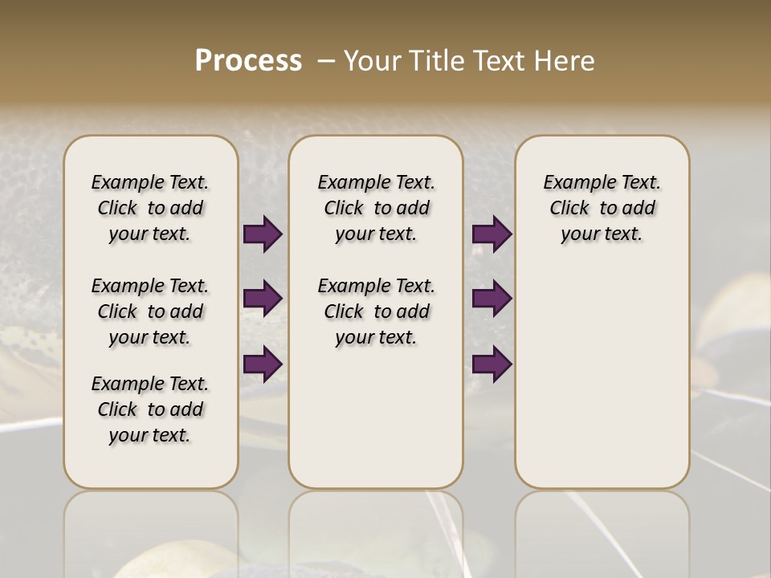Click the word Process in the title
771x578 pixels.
point(248,61)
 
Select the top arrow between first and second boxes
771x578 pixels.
point(263,234)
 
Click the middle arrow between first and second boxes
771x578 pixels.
point(263,299)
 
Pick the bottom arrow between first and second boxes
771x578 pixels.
point(263,364)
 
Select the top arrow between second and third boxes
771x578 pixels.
point(492,234)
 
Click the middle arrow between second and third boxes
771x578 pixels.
point(492,299)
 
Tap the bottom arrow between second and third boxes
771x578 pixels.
point(492,364)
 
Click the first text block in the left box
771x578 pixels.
point(150,208)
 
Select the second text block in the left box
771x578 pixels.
point(150,311)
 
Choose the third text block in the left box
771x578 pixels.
point(150,409)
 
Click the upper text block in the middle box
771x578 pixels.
point(376,208)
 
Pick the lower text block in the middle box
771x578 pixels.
point(376,311)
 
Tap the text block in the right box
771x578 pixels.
point(602,208)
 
